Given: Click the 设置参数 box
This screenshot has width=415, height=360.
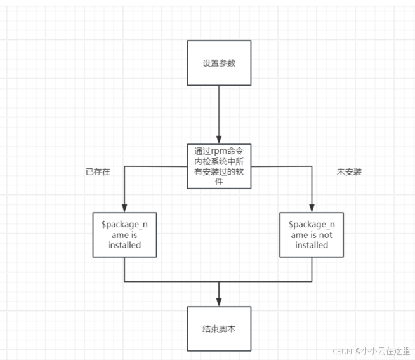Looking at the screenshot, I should click(x=219, y=63).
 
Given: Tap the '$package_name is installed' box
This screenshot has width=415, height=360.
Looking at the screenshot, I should click(x=124, y=234).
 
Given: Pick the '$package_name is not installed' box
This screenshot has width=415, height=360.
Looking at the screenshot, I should click(x=312, y=234).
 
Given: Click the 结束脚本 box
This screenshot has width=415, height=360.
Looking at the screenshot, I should click(x=219, y=329).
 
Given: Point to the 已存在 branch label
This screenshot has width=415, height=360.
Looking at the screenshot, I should click(x=98, y=171).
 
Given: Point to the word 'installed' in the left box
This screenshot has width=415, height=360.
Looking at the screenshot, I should click(x=124, y=244).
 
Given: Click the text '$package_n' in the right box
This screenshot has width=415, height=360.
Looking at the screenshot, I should click(x=312, y=225).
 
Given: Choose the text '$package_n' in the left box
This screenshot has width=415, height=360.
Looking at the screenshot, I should click(x=124, y=225).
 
